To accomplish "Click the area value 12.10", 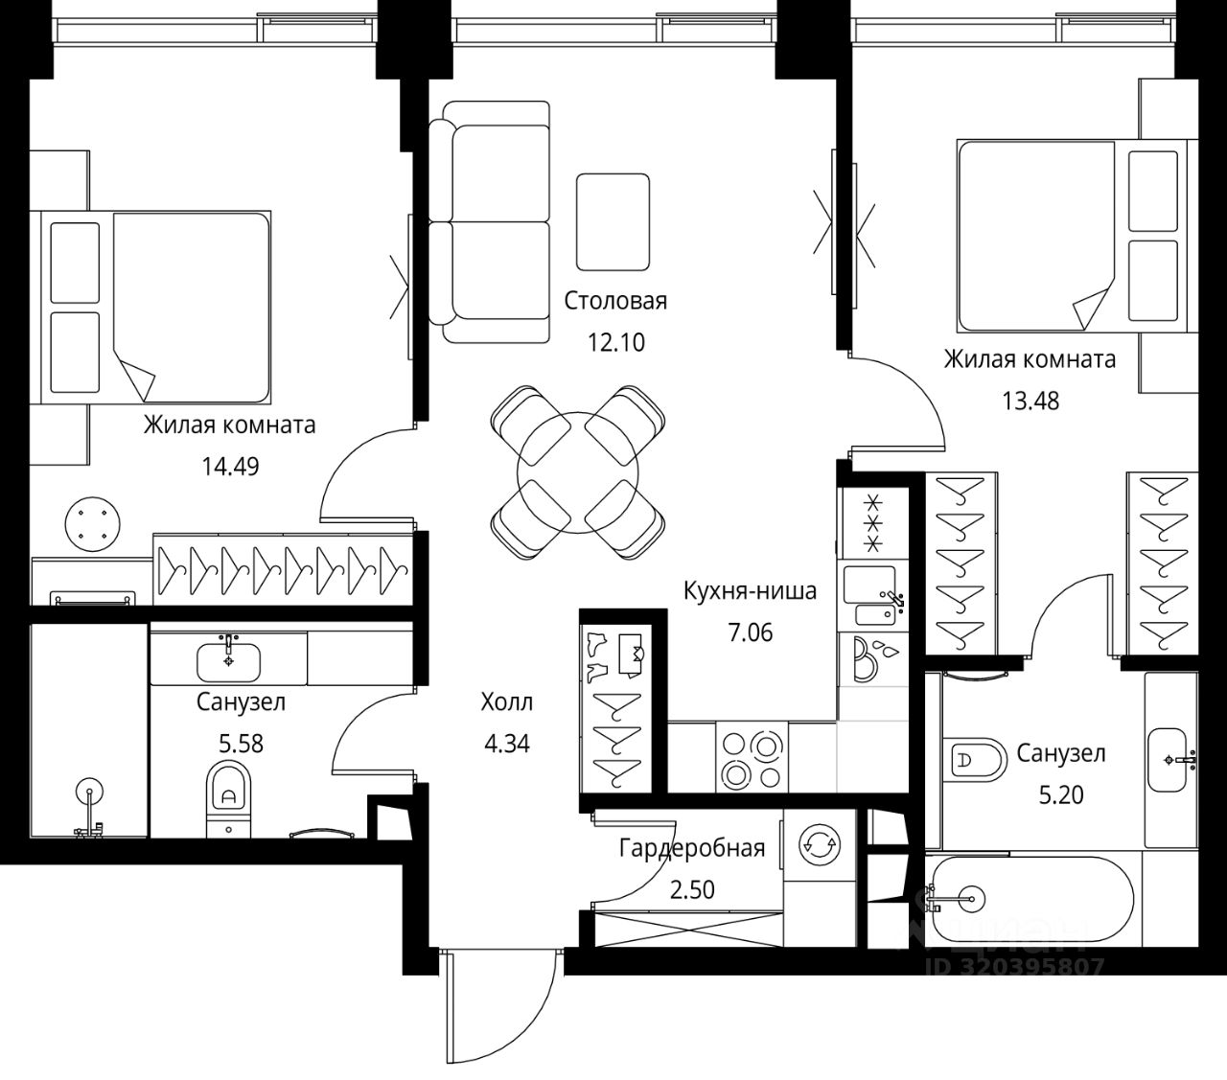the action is [x=616, y=343].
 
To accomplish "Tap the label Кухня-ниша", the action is [x=750, y=591].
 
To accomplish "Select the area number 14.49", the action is [x=230, y=467].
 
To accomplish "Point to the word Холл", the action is [x=507, y=702].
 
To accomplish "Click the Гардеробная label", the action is [x=692, y=849].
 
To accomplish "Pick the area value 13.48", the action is [x=1030, y=401].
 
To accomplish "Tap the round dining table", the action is [x=578, y=471].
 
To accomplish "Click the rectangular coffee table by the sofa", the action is [x=613, y=222].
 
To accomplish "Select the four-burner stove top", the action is [x=752, y=757].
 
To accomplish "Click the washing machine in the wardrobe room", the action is [x=820, y=845].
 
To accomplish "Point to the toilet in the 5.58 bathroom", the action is [x=228, y=799].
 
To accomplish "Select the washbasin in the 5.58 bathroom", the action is [x=228, y=661].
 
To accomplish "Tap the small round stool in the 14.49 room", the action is [x=93, y=524].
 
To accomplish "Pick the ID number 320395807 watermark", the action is [x=1014, y=967].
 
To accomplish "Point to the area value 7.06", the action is [x=751, y=633].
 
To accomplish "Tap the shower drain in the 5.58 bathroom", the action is [x=89, y=791].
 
